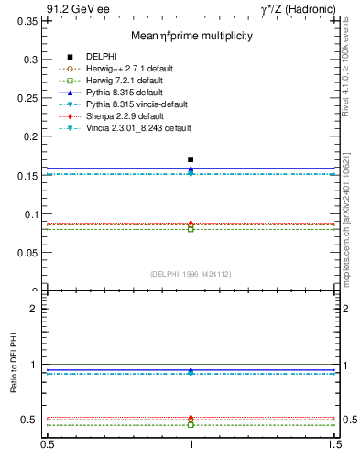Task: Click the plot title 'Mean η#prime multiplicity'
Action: click(x=191, y=36)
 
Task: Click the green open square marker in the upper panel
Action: click(x=191, y=228)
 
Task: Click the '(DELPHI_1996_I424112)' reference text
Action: click(x=191, y=273)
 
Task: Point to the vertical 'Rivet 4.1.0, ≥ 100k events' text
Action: click(x=351, y=82)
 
